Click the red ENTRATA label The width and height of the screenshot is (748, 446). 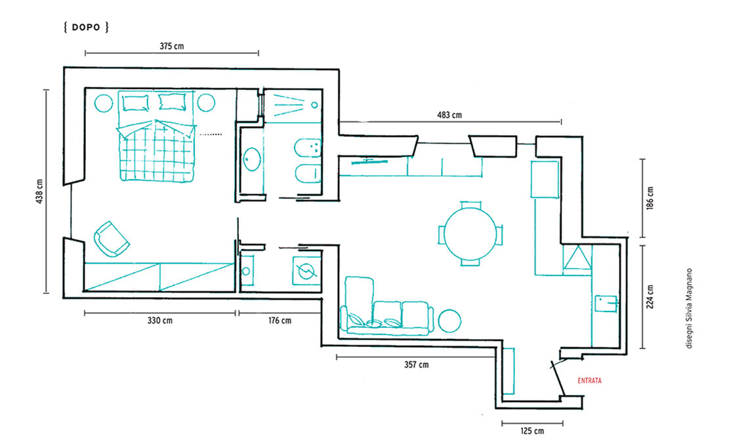[x=590, y=380]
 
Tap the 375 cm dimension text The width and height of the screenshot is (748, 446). [x=172, y=47]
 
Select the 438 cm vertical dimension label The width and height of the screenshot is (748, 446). [x=39, y=192]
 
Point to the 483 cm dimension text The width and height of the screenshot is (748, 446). [x=449, y=115]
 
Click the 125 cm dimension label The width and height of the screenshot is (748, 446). [x=532, y=431]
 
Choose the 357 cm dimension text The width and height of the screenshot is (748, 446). [x=417, y=365]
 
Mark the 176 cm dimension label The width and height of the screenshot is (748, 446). [x=280, y=321]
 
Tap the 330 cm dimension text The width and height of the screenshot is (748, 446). [x=160, y=321]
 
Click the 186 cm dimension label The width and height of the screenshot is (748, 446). [x=650, y=198]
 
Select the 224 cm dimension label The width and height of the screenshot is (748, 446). [x=650, y=296]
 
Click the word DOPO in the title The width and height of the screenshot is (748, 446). [x=86, y=28]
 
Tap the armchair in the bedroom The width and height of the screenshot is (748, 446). [x=112, y=239]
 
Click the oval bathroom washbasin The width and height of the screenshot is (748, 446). [x=252, y=159]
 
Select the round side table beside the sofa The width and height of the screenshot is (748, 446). [x=449, y=321]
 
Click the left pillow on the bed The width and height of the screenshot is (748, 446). [x=135, y=102]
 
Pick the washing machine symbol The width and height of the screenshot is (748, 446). [x=306, y=271]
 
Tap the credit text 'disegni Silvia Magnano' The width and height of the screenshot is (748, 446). [x=689, y=309]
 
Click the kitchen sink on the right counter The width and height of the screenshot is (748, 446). [x=606, y=304]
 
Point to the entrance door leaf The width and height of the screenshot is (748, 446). [x=558, y=378]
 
